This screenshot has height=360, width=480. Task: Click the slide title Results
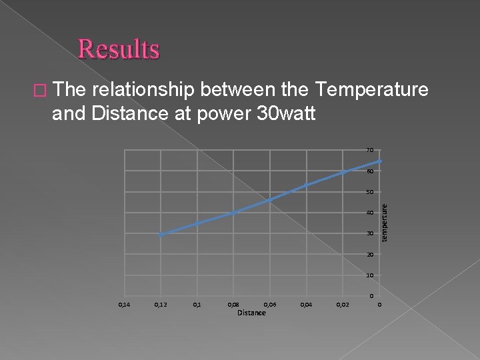(119, 49)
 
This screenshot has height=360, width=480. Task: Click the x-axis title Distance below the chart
(251, 313)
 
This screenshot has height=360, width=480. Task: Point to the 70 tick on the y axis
(369, 150)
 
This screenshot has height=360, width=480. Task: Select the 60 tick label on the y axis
(369, 171)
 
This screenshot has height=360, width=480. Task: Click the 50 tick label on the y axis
(369, 193)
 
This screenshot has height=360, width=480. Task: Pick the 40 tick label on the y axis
(369, 213)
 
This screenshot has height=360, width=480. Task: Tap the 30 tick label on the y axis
(369, 234)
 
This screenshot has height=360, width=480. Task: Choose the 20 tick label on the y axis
(369, 255)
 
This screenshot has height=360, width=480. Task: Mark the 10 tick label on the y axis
(369, 275)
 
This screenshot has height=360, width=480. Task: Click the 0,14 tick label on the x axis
(124, 305)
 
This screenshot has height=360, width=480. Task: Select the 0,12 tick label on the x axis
(161, 305)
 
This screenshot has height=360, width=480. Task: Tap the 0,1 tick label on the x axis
(197, 305)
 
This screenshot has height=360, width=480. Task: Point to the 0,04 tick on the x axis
(306, 305)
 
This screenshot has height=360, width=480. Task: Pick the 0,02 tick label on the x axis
(343, 305)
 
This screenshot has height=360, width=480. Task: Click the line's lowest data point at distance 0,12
(161, 235)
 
